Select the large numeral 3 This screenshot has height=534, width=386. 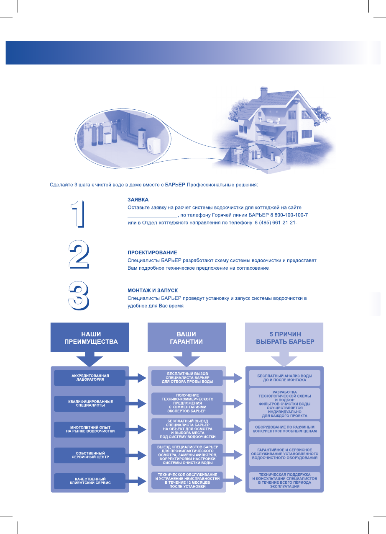[x=79, y=296]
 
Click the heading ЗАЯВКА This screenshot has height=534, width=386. [x=138, y=200]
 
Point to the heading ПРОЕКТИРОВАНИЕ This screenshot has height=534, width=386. [x=152, y=253]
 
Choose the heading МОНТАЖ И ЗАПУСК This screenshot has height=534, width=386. [x=153, y=290]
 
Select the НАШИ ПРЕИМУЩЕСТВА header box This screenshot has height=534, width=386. [x=89, y=338]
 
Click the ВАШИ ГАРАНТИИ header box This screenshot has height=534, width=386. [x=187, y=338]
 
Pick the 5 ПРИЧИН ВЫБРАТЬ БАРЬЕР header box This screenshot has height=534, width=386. [x=284, y=338]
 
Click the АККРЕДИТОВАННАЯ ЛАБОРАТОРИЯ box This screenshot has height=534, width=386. [x=89, y=378]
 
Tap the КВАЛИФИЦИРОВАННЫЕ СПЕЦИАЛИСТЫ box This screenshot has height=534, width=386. [x=89, y=404]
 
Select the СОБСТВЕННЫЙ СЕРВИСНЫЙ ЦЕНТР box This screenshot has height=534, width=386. [x=89, y=455]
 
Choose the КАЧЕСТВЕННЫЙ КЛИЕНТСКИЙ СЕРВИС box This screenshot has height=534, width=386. [x=89, y=480]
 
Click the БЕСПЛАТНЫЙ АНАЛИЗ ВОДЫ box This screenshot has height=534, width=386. [x=284, y=378]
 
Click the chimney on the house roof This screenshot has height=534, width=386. [x=263, y=92]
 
